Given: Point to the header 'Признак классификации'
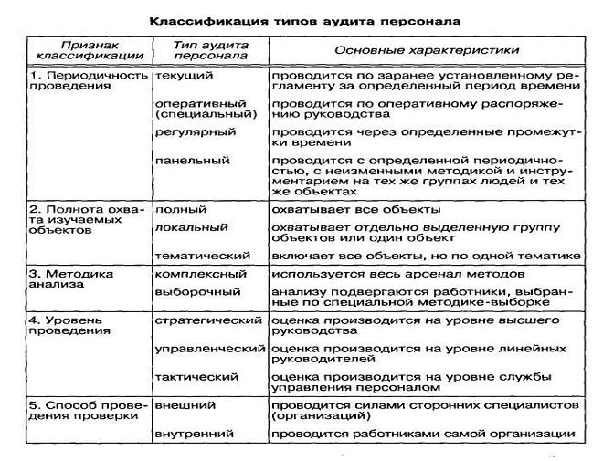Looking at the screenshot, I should pyautogui.click(x=89, y=50).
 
